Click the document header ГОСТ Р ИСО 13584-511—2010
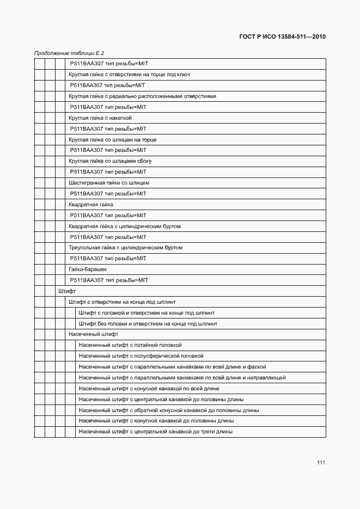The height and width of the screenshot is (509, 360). pos(282,37)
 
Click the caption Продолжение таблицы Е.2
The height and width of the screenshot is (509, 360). pos(69,53)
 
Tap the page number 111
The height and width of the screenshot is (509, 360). pos(321,462)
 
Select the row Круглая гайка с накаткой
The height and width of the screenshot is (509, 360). pos(101,118)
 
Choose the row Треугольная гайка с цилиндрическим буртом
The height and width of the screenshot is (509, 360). pos(126,248)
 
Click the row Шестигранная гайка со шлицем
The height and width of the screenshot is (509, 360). pos(109,183)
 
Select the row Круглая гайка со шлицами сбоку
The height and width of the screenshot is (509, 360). pos(111,161)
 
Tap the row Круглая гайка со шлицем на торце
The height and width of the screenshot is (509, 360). pos(113,140)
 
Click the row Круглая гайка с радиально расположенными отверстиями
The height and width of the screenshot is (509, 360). pos(143,96)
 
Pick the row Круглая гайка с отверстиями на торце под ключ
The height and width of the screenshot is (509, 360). pos(129,75)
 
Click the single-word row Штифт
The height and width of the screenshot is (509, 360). pos(67,291)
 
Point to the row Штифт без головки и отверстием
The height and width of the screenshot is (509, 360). pos(148,323)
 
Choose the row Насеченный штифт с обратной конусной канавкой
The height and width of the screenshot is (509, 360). pos(169,410)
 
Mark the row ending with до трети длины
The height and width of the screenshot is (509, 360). pos(156,432)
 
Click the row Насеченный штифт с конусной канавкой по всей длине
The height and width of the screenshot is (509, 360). pos(149,389)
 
